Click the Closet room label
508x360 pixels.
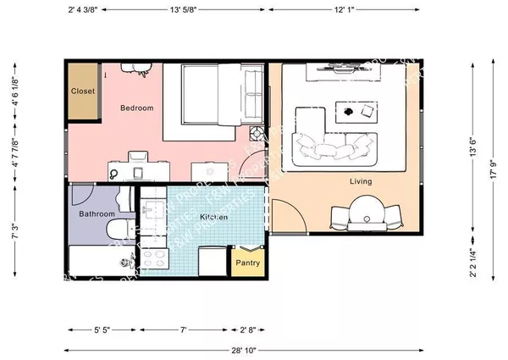[x=82, y=91]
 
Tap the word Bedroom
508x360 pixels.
[x=136, y=108]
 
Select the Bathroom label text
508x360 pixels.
[x=97, y=214]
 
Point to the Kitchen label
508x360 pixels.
[x=213, y=218]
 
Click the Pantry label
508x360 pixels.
[x=247, y=263]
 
